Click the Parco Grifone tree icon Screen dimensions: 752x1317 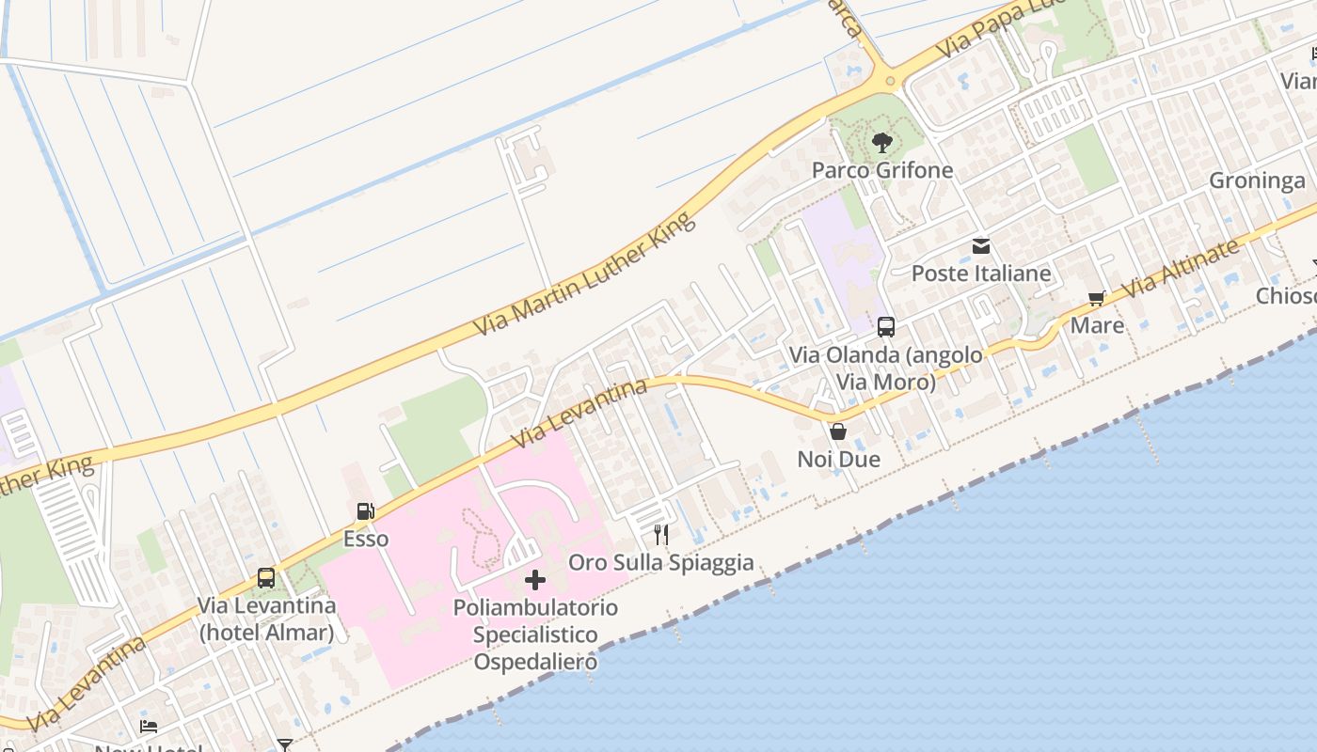881,143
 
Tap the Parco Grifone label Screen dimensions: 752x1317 881,170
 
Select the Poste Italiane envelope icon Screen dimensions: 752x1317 981,246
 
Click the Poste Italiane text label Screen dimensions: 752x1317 981,274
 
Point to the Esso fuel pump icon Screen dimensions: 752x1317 365,512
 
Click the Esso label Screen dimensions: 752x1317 365,540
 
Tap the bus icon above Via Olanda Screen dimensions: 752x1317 886,327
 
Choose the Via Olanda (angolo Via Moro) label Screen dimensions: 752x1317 886,368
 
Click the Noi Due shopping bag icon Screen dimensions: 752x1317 838,431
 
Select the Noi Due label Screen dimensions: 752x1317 838,459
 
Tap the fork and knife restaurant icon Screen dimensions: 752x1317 661,535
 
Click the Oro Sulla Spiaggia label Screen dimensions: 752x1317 661,562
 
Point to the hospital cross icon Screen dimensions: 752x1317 535,580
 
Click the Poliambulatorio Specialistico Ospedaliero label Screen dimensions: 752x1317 535,634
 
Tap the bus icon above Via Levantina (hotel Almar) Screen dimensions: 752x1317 266,578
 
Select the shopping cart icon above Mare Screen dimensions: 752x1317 1096,299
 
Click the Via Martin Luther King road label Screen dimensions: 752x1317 584,274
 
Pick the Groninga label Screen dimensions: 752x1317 1257,180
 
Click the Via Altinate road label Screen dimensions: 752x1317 1182,268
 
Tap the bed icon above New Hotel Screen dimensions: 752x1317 149,727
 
